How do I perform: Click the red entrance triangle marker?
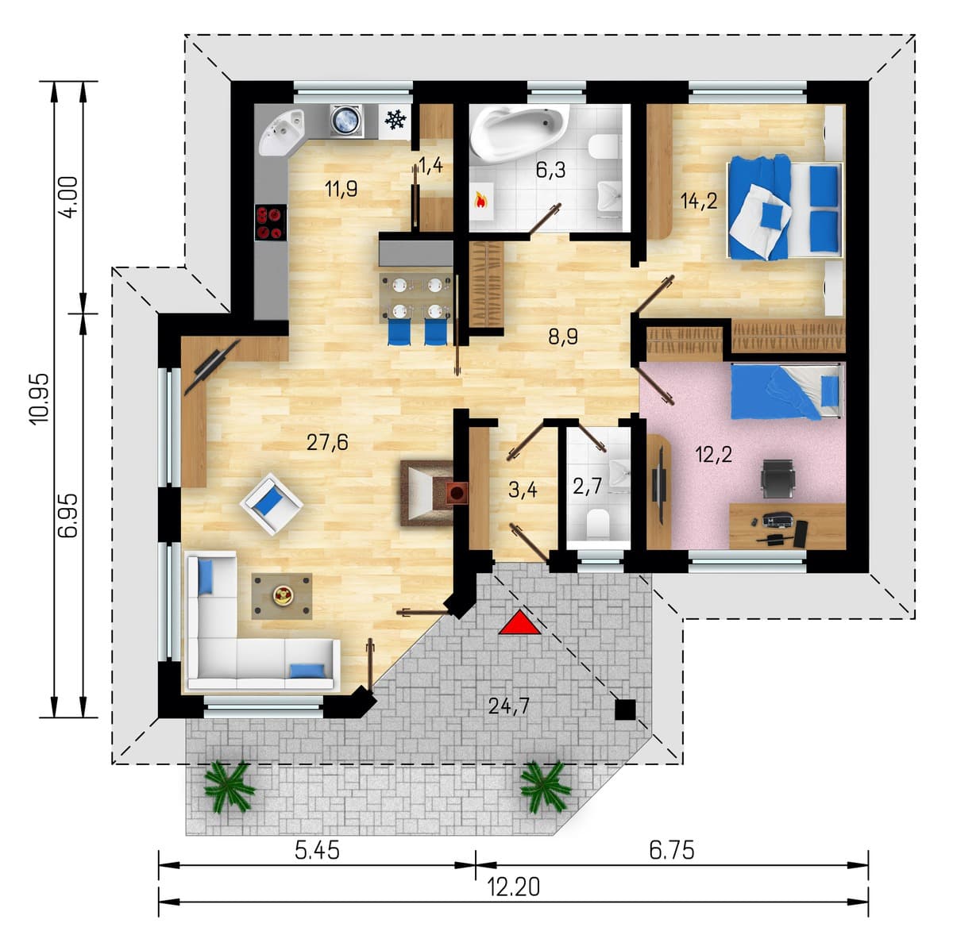519,624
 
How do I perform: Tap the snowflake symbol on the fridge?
395,120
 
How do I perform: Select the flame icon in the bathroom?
481,200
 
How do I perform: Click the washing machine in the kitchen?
347,121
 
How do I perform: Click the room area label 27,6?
327,443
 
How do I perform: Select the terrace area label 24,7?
509,706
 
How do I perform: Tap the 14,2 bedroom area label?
699,201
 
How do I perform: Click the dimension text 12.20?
513,887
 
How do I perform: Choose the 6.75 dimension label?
671,850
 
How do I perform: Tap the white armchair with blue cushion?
272,504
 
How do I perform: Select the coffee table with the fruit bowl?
282,596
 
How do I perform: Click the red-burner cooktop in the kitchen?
270,222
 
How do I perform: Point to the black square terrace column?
625,710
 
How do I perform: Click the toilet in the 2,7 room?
597,523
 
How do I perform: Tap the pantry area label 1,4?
430,165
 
